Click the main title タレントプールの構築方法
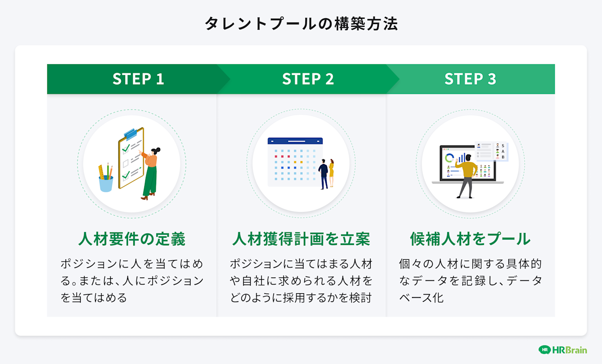[x=301, y=24]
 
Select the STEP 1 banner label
[x=138, y=79]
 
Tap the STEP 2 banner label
[x=308, y=79]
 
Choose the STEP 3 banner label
[x=470, y=79]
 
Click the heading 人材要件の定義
[x=131, y=239]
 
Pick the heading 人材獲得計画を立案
[x=301, y=239]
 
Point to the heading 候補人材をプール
[x=470, y=239]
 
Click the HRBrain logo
[x=562, y=350]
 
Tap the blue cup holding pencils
[x=106, y=183]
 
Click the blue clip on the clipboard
[x=130, y=133]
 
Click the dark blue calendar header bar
[x=295, y=141]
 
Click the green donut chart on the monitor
[x=449, y=158]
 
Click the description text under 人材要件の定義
[x=131, y=281]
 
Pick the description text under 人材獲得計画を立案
[x=301, y=281]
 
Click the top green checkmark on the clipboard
[x=126, y=149]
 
